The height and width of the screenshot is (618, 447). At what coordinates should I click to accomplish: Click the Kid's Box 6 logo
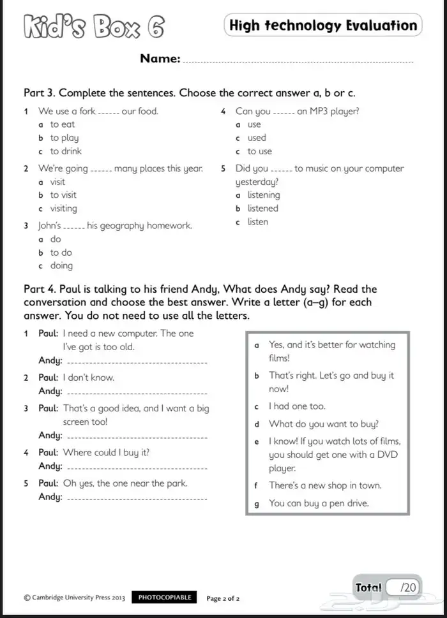click(x=93, y=28)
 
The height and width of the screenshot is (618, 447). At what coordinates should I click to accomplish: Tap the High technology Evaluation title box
click(x=322, y=26)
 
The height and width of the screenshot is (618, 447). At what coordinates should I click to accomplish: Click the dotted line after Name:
click(x=298, y=61)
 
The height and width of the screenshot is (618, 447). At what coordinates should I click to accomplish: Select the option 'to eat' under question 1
click(x=62, y=124)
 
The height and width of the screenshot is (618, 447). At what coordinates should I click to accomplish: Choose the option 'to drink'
click(x=66, y=151)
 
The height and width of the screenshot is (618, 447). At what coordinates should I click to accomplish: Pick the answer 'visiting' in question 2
click(x=63, y=209)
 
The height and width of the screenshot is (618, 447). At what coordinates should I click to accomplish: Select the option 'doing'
click(x=61, y=266)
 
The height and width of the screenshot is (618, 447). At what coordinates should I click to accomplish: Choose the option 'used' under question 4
click(x=257, y=138)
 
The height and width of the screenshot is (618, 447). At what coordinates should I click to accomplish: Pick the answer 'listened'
click(x=263, y=209)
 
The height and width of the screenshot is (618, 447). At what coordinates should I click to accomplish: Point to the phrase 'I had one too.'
click(x=297, y=406)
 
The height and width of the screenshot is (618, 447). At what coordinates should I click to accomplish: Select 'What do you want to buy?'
click(x=324, y=423)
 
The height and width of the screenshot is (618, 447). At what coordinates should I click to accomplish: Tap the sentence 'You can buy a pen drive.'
click(x=319, y=503)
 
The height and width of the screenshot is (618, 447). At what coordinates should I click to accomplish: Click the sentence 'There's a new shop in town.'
click(x=325, y=485)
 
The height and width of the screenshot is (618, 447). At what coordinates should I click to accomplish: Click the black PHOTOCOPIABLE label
click(x=165, y=598)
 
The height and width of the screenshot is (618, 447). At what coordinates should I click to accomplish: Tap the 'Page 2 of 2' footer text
click(x=223, y=598)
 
